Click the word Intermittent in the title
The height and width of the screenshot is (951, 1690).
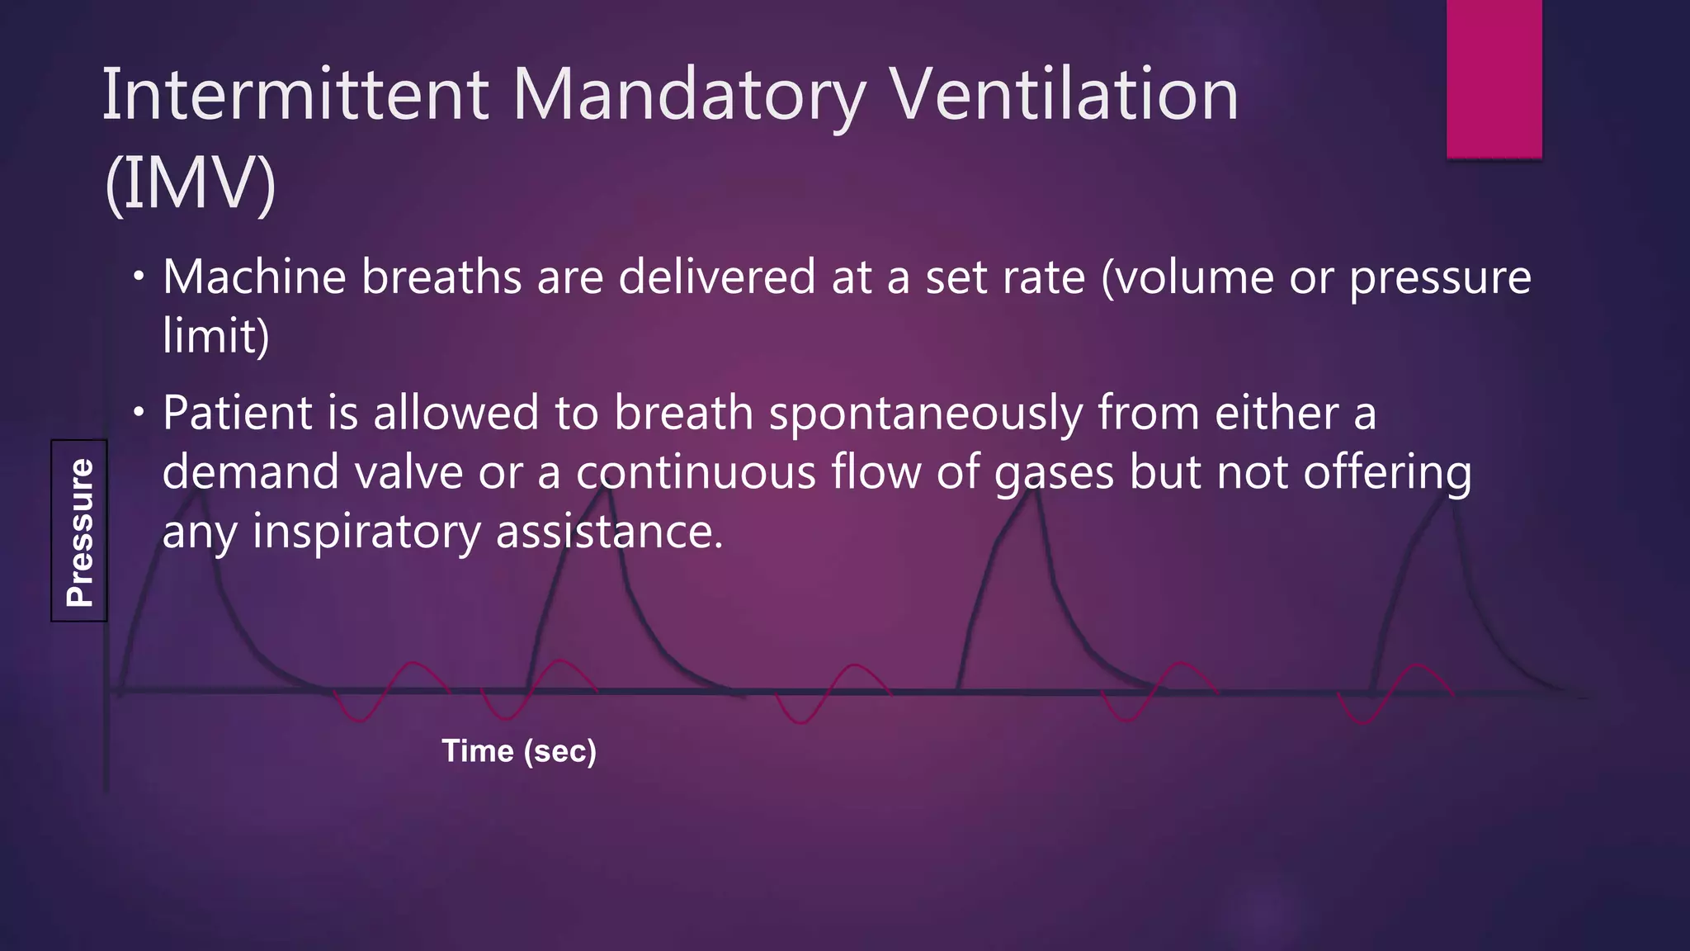pyautogui.click(x=295, y=96)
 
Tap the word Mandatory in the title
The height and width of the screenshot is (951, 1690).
pyautogui.click(x=689, y=96)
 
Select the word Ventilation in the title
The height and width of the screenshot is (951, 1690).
pyautogui.click(x=1065, y=96)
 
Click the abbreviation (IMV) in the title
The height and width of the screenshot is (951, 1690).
pyautogui.click(x=190, y=183)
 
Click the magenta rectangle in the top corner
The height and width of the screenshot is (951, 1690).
pyautogui.click(x=1494, y=78)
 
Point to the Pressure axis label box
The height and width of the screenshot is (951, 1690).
pyautogui.click(x=79, y=531)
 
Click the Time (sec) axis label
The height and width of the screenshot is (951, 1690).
pyautogui.click(x=519, y=751)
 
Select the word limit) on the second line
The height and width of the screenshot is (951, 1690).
pyautogui.click(x=216, y=336)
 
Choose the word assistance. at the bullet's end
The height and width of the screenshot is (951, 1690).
pyautogui.click(x=609, y=532)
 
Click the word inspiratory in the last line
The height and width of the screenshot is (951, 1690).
pyautogui.click(x=366, y=532)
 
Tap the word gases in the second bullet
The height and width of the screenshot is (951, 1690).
pyautogui.click(x=1055, y=474)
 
